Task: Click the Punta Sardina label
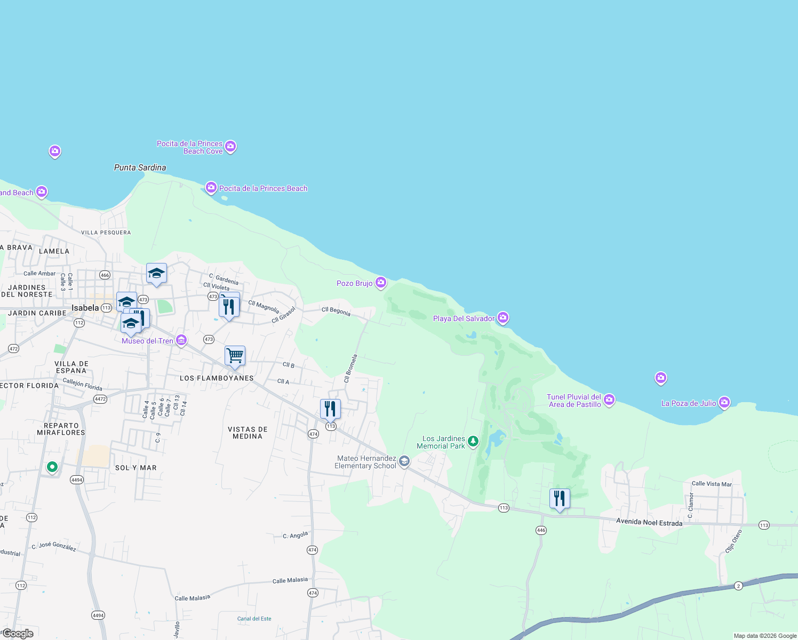[140, 167]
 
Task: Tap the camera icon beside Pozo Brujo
[381, 283]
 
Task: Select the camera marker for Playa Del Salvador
[503, 318]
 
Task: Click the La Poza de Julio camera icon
[724, 403]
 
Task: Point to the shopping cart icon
[235, 356]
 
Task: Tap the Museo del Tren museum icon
[181, 340]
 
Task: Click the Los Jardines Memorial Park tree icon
[473, 442]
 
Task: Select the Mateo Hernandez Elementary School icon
[404, 461]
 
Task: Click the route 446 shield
[541, 530]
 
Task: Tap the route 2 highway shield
[738, 586]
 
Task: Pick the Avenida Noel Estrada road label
[649, 523]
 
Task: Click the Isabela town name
[85, 308]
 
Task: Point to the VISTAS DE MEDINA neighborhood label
[248, 433]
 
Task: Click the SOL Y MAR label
[136, 468]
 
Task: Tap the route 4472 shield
[100, 399]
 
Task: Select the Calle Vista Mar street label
[712, 484]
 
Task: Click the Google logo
[18, 634]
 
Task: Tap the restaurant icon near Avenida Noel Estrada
[560, 499]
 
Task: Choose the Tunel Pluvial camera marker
[610, 399]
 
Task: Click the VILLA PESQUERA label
[106, 233]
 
